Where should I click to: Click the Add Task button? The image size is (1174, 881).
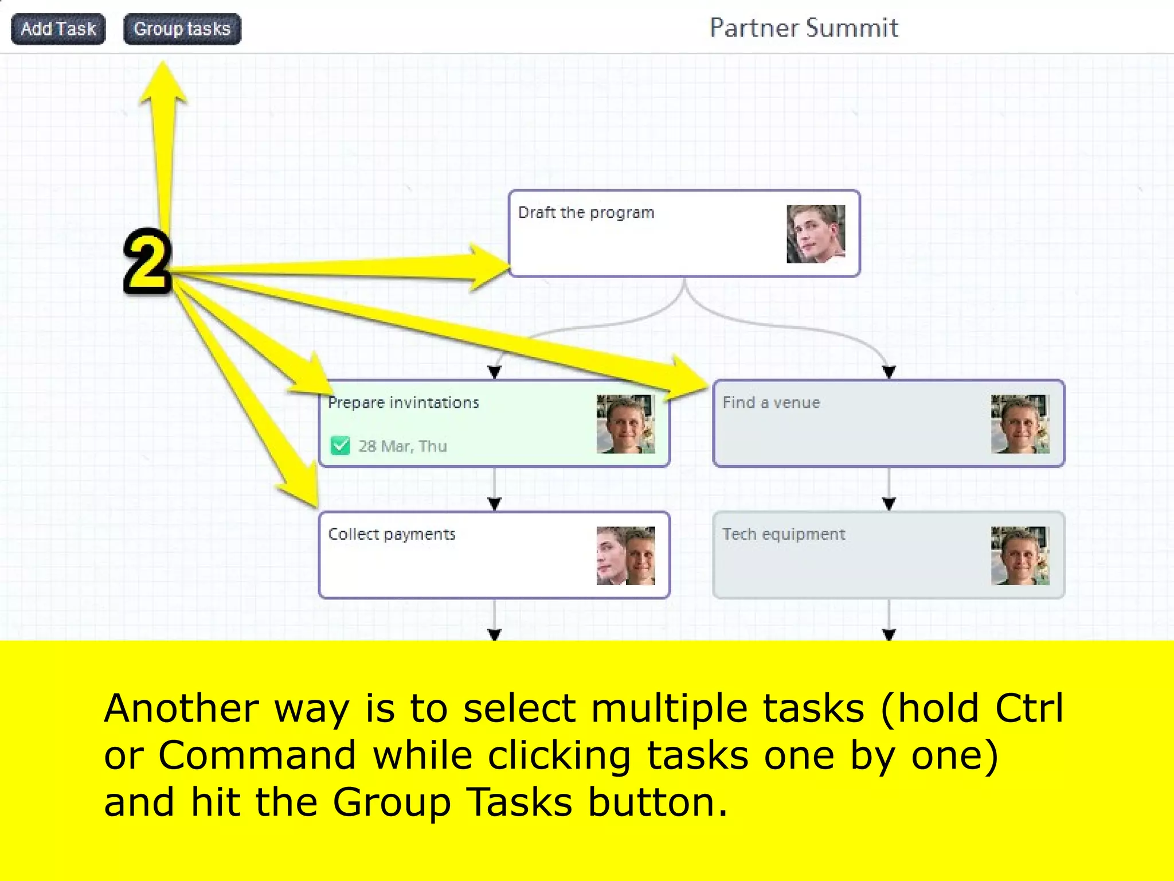58,29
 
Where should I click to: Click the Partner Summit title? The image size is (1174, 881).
803,28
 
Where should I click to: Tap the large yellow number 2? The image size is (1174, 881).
147,262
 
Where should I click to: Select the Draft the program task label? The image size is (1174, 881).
586,213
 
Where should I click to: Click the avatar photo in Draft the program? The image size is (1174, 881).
815,234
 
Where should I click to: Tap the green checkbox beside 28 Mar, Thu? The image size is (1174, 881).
340,445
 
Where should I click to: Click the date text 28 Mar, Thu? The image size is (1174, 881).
402,446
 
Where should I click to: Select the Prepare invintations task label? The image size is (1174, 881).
403,403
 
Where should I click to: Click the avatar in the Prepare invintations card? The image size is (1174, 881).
625,424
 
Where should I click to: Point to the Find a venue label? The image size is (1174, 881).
771,403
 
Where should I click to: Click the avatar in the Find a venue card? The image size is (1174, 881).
1020,424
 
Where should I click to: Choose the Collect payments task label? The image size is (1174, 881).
392,534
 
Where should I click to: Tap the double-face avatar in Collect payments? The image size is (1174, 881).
625,555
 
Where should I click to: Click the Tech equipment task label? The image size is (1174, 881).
783,534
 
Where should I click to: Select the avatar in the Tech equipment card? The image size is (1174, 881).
1020,555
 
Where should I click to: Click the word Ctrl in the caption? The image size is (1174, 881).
1029,708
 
